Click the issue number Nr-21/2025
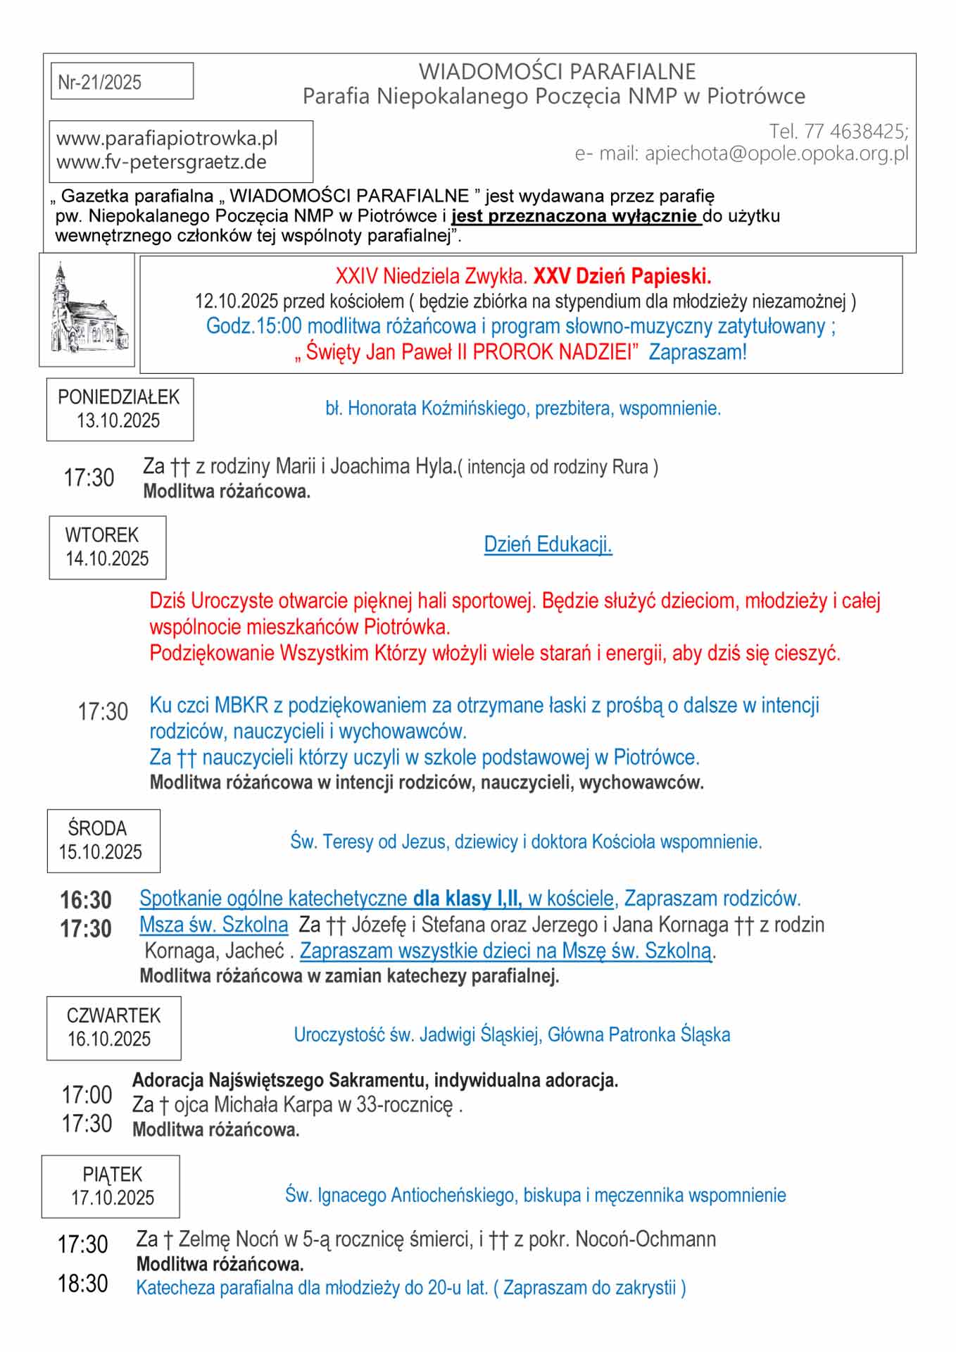click(x=99, y=82)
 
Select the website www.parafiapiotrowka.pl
click(x=167, y=138)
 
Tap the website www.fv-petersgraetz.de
click(x=161, y=162)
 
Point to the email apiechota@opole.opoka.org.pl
click(x=776, y=154)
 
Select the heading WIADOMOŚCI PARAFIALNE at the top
click(x=557, y=71)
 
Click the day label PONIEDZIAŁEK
click(x=118, y=397)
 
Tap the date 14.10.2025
click(x=107, y=559)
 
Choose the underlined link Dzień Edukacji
click(x=548, y=544)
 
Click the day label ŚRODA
click(x=97, y=828)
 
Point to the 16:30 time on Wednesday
click(x=86, y=900)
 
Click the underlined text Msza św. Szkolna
click(x=213, y=925)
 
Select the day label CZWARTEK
click(x=113, y=1015)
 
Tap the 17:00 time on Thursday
click(x=87, y=1095)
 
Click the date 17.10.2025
click(x=112, y=1198)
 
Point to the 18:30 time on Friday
click(x=83, y=1284)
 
